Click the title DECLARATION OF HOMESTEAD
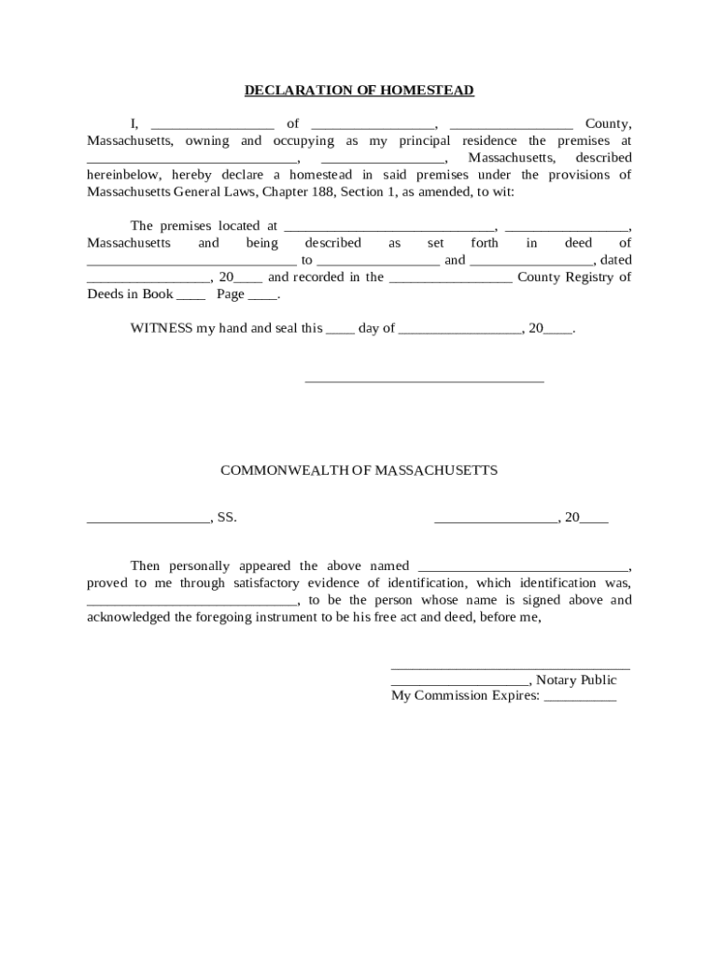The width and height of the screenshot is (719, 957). [x=359, y=91]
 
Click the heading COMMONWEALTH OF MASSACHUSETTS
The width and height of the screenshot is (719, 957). [x=359, y=470]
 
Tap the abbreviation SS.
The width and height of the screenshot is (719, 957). [x=227, y=517]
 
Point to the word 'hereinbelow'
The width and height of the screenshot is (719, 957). [x=126, y=175]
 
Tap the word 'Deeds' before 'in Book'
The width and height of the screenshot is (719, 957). [x=106, y=293]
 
